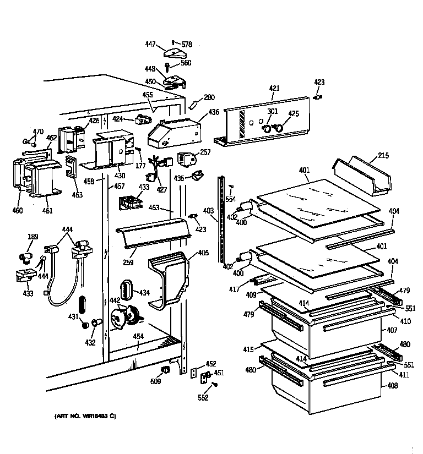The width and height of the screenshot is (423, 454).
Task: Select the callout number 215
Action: [383, 156]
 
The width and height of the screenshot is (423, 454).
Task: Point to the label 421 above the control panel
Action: [274, 88]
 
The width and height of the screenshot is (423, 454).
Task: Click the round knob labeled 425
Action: [279, 128]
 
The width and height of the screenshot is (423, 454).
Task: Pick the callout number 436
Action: [213, 112]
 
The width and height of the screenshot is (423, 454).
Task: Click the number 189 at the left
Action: [34, 237]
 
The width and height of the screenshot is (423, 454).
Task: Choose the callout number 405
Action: [203, 253]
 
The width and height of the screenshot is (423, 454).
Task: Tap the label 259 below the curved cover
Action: [128, 262]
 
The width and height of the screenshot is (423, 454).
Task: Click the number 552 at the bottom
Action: [203, 397]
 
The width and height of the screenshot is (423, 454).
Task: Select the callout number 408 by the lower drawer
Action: [392, 385]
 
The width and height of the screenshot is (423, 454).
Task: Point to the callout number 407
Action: [392, 331]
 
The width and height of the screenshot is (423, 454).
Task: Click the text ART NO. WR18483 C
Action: [85, 417]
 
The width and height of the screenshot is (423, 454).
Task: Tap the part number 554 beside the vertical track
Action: [231, 199]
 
